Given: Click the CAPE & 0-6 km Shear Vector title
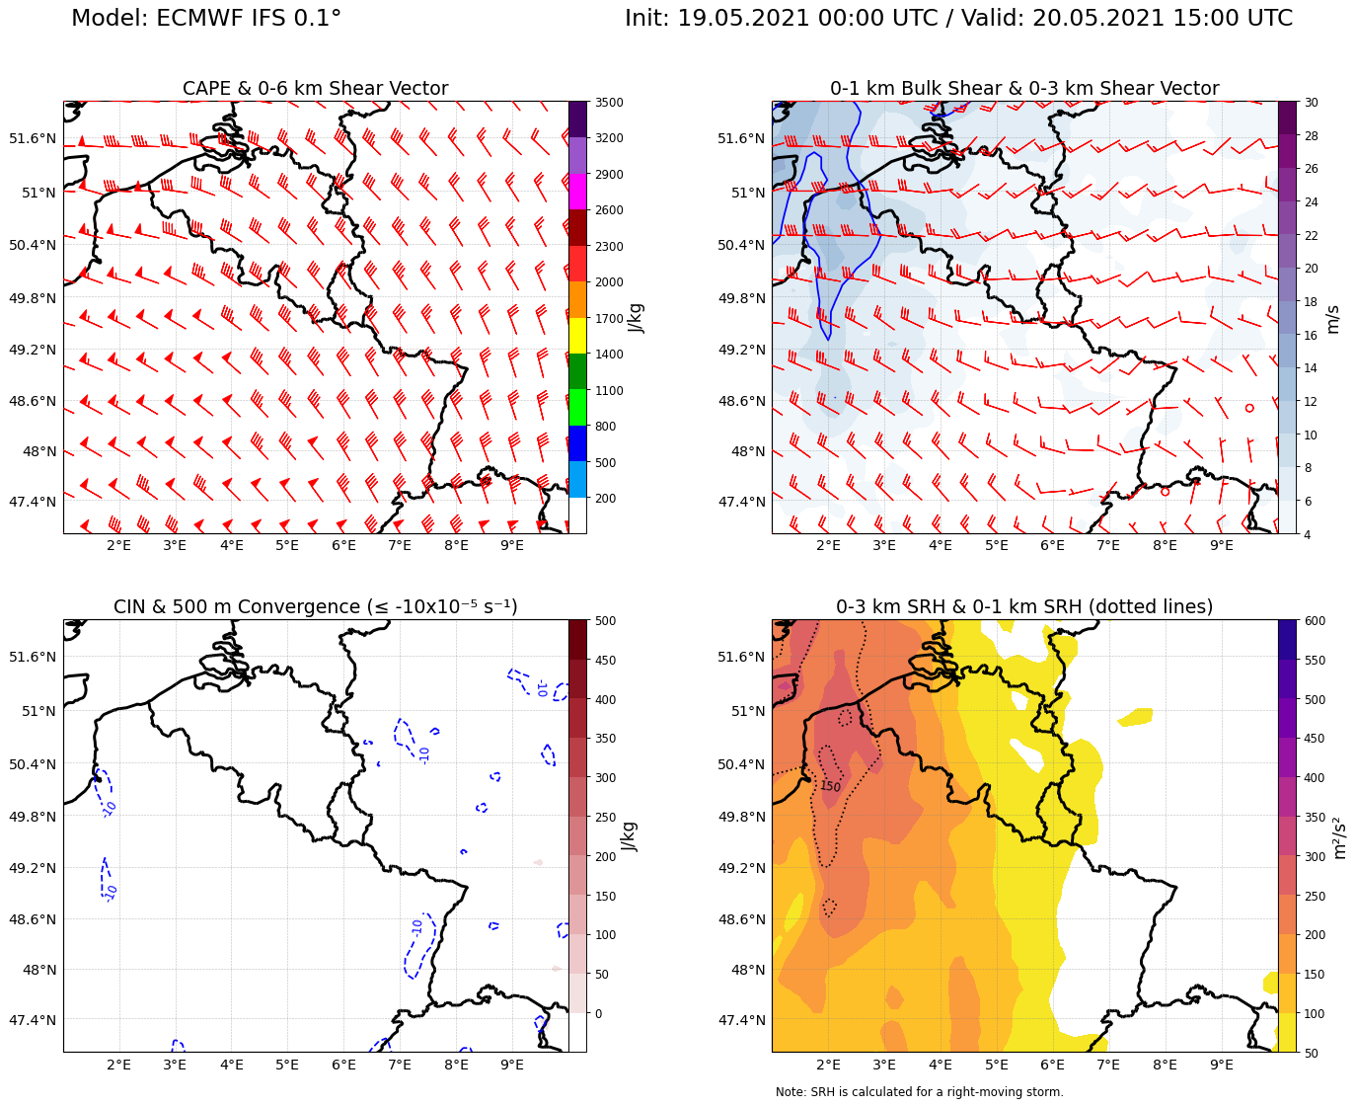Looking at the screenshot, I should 315,89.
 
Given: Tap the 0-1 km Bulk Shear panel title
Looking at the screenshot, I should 1023,89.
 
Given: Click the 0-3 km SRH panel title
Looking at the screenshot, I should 1023,606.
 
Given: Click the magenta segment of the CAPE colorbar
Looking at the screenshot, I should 577,191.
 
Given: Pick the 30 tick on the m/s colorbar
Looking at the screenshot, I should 1313,103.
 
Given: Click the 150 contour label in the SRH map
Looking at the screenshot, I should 830,787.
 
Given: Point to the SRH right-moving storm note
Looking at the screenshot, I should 919,1092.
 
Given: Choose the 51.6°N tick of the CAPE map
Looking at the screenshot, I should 33,138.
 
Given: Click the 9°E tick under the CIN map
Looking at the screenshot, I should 512,1065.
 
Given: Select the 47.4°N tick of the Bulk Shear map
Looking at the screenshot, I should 741,502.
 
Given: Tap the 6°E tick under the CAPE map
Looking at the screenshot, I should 343,546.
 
